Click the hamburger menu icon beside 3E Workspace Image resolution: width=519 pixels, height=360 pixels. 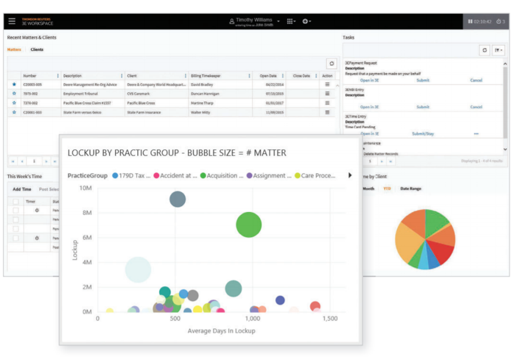[12, 21]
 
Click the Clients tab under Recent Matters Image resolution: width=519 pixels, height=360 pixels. [37, 49]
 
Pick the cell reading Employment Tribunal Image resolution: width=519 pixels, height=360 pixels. [80, 94]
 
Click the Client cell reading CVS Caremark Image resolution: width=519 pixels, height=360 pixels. [140, 94]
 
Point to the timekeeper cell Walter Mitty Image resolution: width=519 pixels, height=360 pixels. [202, 113]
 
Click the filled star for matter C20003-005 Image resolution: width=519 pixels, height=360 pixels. [14, 84]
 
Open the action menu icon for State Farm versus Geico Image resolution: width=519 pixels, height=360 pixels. [327, 113]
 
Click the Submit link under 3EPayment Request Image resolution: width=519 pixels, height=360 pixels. [423, 80]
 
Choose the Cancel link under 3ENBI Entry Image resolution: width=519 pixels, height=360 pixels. [476, 107]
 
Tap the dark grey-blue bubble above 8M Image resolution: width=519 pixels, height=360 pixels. [178, 199]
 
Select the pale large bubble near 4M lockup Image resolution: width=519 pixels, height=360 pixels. [138, 269]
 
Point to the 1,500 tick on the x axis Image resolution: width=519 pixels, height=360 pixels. [330, 318]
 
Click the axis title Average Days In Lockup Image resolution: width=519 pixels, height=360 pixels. [221, 331]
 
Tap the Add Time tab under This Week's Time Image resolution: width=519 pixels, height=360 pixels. [22, 189]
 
